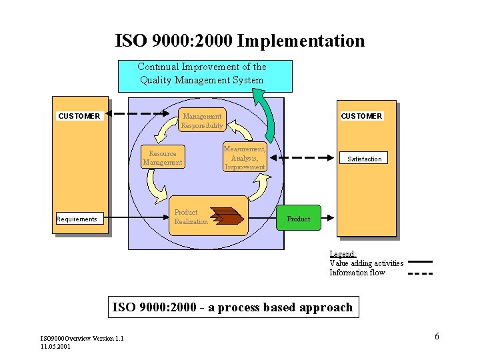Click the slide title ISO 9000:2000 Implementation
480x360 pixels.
(x=240, y=41)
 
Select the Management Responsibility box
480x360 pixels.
(x=203, y=121)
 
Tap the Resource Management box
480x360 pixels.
(x=163, y=158)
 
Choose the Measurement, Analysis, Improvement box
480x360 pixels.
(x=245, y=158)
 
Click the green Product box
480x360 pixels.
(x=299, y=218)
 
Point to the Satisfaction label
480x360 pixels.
(x=365, y=159)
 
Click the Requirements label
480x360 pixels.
(x=77, y=219)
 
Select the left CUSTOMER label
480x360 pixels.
(x=79, y=116)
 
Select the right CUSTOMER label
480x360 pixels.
(x=361, y=116)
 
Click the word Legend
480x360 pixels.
(x=343, y=254)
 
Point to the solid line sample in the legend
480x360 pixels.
(x=420, y=262)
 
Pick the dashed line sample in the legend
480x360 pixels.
(x=420, y=273)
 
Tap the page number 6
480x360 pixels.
(x=437, y=336)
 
